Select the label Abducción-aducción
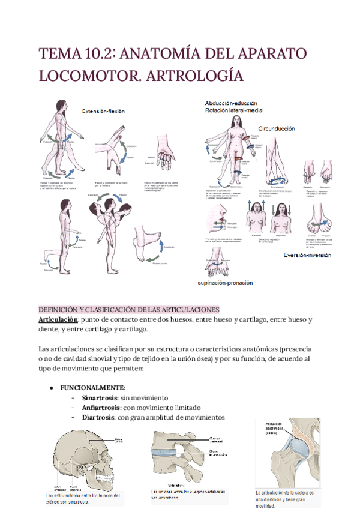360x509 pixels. [232, 103]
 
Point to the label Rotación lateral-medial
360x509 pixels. [234, 110]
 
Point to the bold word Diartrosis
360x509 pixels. [95, 417]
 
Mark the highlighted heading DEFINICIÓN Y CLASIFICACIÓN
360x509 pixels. [128, 309]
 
